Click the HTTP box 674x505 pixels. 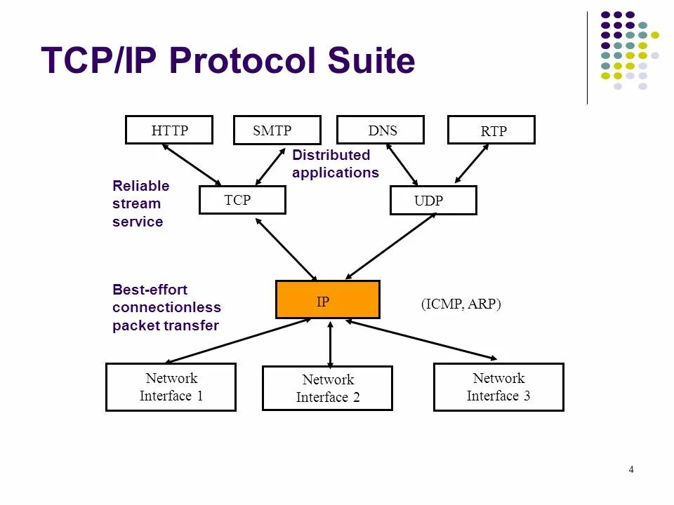click(168, 130)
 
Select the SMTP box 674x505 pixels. click(277, 130)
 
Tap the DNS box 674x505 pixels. click(381, 130)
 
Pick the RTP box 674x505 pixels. click(491, 130)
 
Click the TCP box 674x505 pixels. click(242, 200)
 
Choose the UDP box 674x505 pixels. click(432, 201)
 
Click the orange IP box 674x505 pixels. click(328, 299)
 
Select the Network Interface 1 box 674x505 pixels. click(171, 386)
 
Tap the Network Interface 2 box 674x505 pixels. click(327, 389)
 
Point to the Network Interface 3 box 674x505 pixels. click(498, 386)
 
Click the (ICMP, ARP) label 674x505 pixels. click(461, 304)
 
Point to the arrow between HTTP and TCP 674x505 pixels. click(192, 165)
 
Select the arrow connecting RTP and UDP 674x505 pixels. click(471, 164)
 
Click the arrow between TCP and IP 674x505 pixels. click(286, 249)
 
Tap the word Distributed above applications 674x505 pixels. click(331, 155)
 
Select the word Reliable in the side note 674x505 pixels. click(140, 186)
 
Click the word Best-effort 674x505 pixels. click(150, 290)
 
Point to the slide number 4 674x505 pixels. click(631, 470)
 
